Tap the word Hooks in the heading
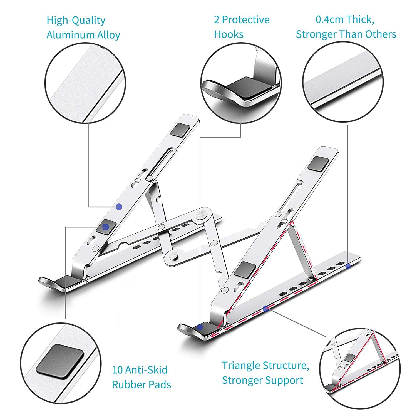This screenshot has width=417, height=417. [229, 34]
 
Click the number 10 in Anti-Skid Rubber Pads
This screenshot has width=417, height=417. [117, 370]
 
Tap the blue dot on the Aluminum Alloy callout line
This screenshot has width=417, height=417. [119, 207]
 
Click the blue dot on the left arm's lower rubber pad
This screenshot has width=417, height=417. [105, 227]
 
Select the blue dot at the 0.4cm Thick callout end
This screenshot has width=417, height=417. [348, 266]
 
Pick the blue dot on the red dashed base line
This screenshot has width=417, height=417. [266, 308]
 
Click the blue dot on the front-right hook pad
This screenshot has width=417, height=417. [200, 327]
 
